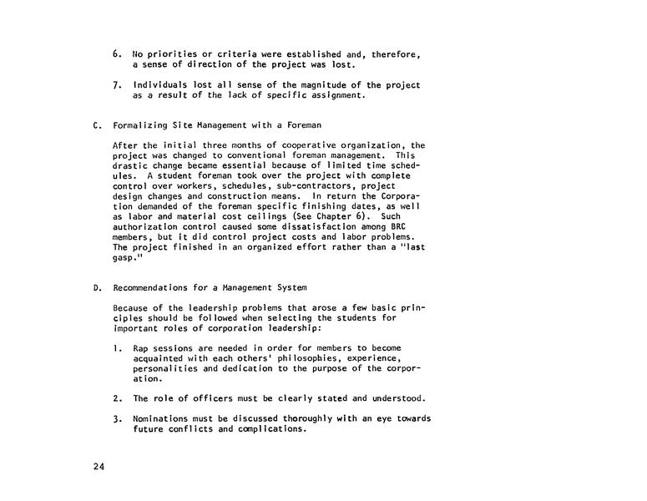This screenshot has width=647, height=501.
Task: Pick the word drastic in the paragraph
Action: (132, 164)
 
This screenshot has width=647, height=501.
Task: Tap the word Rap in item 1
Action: (143, 347)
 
